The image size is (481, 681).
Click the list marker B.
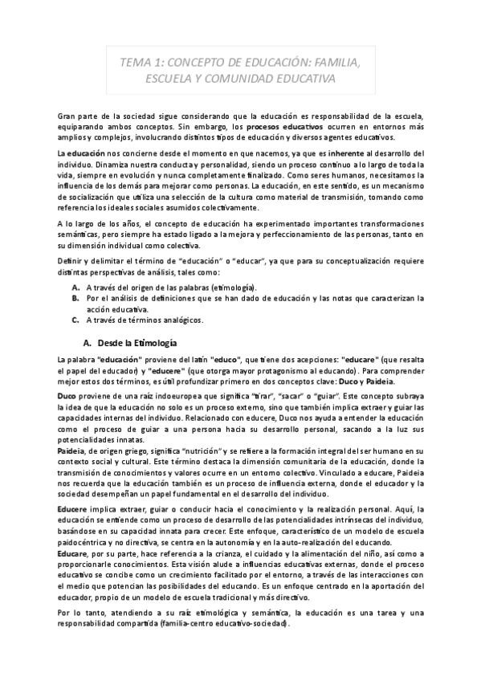75,298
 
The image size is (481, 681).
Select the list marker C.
75,320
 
